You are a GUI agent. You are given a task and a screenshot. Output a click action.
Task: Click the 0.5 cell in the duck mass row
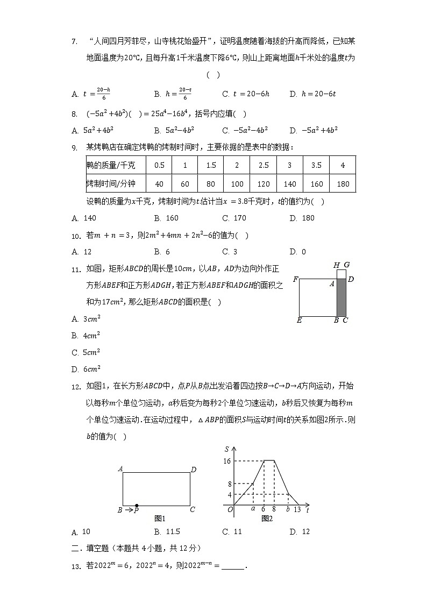(x=159, y=166)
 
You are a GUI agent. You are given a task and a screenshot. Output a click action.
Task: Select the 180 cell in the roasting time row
(x=343, y=184)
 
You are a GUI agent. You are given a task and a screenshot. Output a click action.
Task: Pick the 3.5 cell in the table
(x=317, y=166)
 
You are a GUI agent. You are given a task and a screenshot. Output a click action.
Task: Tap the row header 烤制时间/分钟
(x=111, y=184)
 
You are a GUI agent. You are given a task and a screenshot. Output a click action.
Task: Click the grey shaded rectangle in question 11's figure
(x=341, y=297)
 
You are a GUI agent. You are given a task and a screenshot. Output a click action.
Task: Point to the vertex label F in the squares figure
(x=295, y=279)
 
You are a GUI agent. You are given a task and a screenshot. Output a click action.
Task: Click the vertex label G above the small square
(x=347, y=265)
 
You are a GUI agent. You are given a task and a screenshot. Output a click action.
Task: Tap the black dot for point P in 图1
(x=137, y=506)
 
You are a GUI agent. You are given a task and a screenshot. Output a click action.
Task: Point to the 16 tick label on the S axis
(x=227, y=460)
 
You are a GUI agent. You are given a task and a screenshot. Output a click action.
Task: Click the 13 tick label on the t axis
(x=297, y=510)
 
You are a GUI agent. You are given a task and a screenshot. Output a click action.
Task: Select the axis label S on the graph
(x=227, y=449)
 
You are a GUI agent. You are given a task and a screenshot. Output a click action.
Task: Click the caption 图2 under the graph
(x=267, y=518)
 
